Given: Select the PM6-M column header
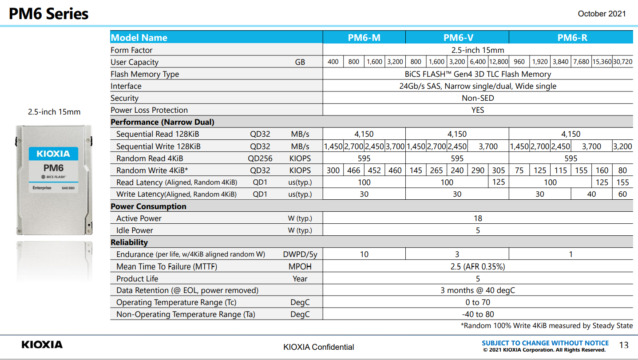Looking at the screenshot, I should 364,38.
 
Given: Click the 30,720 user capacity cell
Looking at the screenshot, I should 622,62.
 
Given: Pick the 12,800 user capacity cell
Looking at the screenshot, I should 499,62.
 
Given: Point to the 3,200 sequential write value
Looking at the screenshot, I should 622,146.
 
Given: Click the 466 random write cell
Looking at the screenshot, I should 354,170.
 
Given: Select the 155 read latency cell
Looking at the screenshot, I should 622,182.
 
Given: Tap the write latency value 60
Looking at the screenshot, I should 622,194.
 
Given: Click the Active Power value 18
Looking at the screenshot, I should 478,218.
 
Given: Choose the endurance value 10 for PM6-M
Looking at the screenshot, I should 364,254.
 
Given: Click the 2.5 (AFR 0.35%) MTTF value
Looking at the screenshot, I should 478,267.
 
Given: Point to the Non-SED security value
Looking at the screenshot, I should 478,98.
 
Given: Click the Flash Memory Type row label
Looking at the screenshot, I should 145,74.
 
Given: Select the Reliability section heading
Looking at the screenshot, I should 129,242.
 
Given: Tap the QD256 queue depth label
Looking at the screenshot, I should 260,158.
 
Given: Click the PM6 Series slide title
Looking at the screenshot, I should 49,14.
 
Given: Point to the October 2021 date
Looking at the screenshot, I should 602,14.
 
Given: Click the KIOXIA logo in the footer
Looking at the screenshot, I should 42,344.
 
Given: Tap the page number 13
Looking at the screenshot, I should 624,345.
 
